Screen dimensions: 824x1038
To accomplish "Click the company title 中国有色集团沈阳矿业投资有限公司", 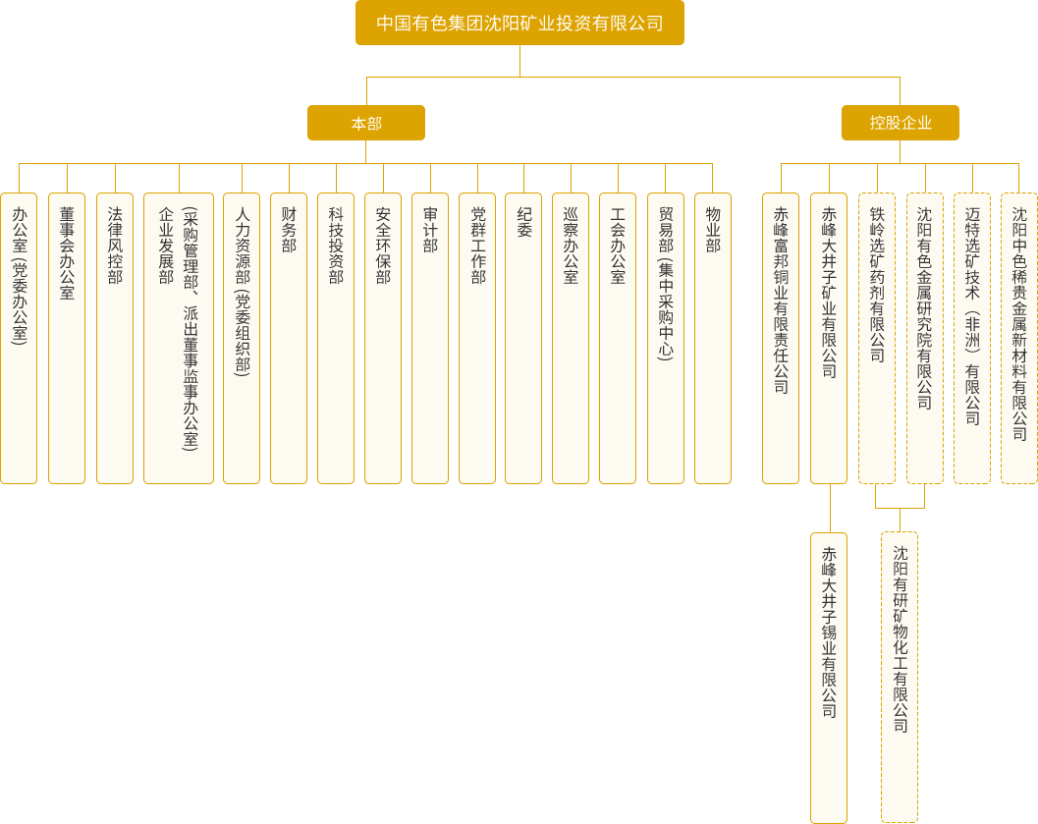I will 519,23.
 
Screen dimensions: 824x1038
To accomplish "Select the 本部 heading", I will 366,124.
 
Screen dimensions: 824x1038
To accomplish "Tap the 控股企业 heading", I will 901,123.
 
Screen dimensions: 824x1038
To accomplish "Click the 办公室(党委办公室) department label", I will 20,275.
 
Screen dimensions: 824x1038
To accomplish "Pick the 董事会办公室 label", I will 67,252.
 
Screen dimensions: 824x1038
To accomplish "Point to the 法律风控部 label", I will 115,246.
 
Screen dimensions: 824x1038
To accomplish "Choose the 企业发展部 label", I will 166,246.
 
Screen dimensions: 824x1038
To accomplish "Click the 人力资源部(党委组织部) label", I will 244,291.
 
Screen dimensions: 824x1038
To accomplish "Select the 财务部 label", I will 289,230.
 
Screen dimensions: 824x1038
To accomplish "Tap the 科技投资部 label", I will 336,246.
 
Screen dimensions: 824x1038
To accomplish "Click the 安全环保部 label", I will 383,246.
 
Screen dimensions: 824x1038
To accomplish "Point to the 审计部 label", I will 430,230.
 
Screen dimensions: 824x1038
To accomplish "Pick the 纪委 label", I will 524,222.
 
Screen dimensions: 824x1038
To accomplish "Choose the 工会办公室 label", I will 618,246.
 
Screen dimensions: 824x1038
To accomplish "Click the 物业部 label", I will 713,230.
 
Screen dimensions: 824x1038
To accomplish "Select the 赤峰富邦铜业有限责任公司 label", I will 782,300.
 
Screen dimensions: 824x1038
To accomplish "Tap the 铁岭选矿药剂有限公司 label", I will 877,284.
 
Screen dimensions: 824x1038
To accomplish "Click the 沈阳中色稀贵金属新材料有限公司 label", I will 1019,323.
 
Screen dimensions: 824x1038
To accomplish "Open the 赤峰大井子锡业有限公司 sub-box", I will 829,632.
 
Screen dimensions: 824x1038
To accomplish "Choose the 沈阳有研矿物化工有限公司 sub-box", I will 900,639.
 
